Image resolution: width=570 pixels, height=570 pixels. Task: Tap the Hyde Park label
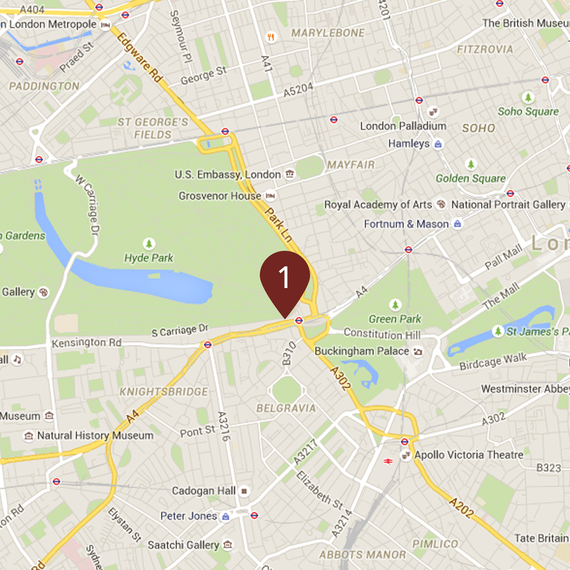(x=149, y=258)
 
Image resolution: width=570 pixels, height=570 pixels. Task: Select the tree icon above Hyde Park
(x=149, y=243)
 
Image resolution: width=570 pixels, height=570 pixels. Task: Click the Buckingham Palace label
(x=362, y=351)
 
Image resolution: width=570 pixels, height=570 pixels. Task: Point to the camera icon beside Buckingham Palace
(x=418, y=352)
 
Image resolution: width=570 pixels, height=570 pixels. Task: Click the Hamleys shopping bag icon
(x=438, y=144)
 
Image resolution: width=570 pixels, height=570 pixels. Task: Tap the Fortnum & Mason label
(x=406, y=224)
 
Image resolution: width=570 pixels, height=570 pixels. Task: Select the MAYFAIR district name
(x=351, y=165)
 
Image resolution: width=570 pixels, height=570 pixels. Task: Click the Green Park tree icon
(x=395, y=305)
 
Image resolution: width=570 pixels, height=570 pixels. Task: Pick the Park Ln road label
(x=279, y=225)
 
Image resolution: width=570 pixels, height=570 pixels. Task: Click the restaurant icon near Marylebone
(x=271, y=37)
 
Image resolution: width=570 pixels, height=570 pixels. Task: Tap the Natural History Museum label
(x=95, y=435)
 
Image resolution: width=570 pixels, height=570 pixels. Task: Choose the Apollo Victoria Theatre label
(x=469, y=455)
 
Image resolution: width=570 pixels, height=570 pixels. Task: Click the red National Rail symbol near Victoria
(x=388, y=461)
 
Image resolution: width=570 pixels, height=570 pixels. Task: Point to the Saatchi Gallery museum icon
(x=228, y=545)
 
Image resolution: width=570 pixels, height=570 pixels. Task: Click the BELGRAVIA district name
(x=286, y=408)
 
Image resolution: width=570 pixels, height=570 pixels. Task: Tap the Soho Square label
(x=528, y=112)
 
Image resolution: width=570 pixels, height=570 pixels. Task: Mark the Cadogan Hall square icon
(x=244, y=491)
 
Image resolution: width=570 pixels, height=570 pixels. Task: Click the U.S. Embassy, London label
(x=228, y=175)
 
